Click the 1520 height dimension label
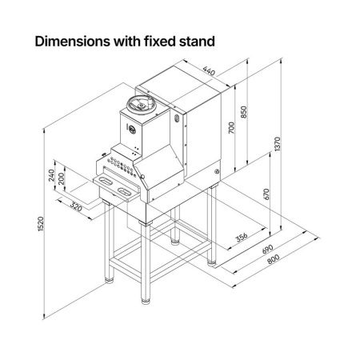[40, 224]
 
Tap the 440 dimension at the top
[209, 71]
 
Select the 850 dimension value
[244, 112]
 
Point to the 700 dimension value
[231, 127]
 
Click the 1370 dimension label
[278, 144]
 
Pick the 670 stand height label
[266, 194]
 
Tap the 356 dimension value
[242, 237]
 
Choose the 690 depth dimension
[267, 249]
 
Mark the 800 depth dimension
[274, 259]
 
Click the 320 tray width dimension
[76, 207]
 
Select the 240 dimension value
[51, 175]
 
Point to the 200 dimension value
[61, 178]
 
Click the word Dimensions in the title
[73, 42]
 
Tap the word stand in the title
[197, 42]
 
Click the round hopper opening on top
[141, 104]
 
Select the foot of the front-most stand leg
[146, 302]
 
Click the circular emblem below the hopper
[132, 130]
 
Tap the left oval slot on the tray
[106, 180]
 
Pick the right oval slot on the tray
[124, 191]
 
